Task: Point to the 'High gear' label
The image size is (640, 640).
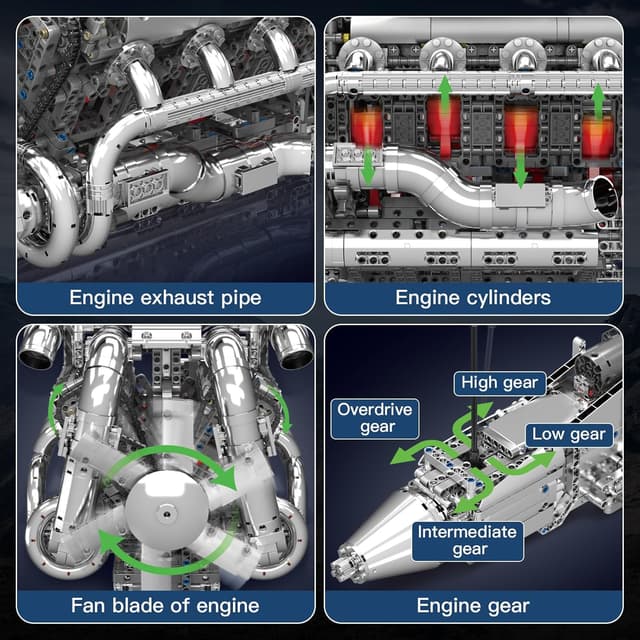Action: point(499,382)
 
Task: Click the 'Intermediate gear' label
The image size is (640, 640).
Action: point(468,539)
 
